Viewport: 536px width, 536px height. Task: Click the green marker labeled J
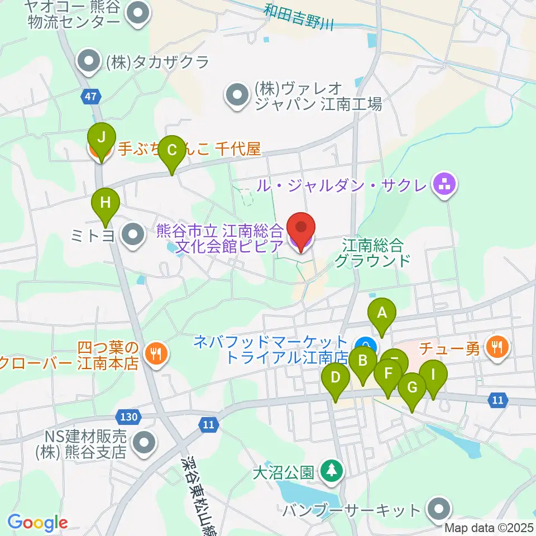[x=101, y=137]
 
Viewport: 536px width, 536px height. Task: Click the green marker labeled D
[x=336, y=378]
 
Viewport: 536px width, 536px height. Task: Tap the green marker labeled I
[x=433, y=375]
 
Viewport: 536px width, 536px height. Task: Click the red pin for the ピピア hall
[x=301, y=229]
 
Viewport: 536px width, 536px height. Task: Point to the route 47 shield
[x=91, y=97]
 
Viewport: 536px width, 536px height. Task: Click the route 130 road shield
[x=128, y=416]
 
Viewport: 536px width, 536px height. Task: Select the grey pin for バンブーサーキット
[x=438, y=509]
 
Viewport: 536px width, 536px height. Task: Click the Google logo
[x=37, y=523]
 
